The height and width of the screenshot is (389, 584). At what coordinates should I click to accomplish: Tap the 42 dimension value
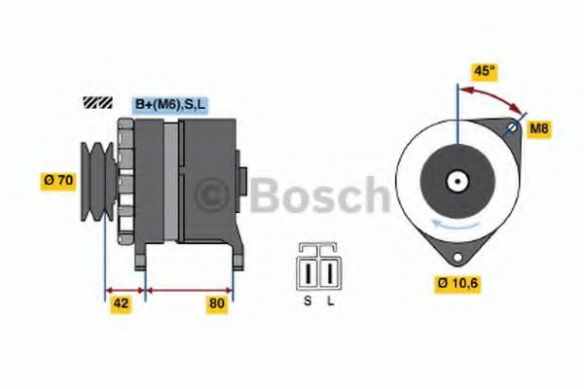[122, 303]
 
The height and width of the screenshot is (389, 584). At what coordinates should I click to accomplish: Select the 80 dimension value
[217, 303]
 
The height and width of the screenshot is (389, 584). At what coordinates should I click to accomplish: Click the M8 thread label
[537, 128]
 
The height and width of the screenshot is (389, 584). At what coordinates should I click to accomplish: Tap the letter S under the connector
[308, 301]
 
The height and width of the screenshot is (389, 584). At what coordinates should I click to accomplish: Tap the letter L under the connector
[331, 301]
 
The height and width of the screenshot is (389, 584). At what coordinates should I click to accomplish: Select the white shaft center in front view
[455, 180]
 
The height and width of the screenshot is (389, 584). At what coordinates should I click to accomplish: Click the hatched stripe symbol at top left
[98, 102]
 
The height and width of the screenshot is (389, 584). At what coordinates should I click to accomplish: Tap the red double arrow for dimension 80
[189, 289]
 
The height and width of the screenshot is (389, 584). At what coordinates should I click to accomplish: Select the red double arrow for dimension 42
[125, 289]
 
